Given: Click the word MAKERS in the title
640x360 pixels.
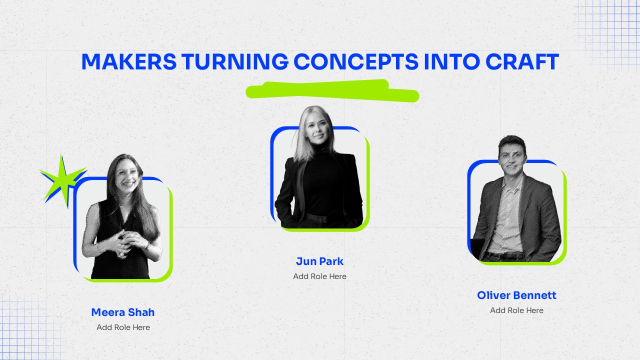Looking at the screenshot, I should pyautogui.click(x=128, y=62).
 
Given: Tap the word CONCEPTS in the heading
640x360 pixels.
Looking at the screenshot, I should pyautogui.click(x=355, y=62).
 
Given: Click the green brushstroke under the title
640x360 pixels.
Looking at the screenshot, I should pyautogui.click(x=331, y=90).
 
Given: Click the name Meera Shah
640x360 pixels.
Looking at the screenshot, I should pyautogui.click(x=123, y=312).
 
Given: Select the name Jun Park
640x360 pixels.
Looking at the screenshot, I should pyautogui.click(x=320, y=261).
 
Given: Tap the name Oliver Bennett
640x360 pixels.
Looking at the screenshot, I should pyautogui.click(x=516, y=295).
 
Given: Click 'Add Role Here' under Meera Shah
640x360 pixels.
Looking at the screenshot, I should pyautogui.click(x=123, y=327).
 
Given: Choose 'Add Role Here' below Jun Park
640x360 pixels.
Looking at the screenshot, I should pyautogui.click(x=320, y=276).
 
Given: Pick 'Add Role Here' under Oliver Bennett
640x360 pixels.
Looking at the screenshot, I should pyautogui.click(x=516, y=310).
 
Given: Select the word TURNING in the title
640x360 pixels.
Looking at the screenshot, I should pyautogui.click(x=235, y=62).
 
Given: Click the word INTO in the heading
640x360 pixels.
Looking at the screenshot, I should pyautogui.click(x=452, y=62).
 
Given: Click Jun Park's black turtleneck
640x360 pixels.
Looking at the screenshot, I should pyautogui.click(x=320, y=182).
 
